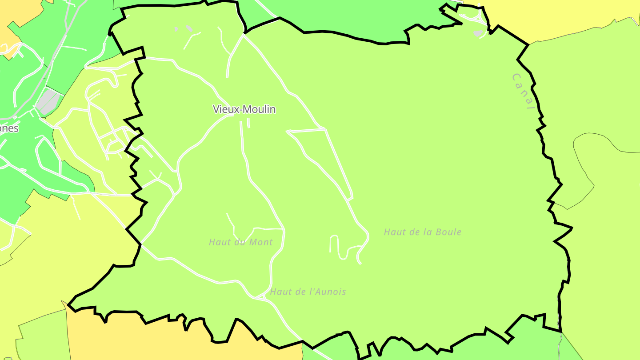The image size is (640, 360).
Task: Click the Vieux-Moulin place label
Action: click(x=244, y=109)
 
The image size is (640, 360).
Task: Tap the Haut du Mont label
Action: click(x=240, y=242)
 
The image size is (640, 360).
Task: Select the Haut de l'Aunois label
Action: click(x=308, y=292)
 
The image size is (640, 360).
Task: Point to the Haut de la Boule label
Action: click(x=422, y=232)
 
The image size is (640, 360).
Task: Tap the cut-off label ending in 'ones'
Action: click(x=9, y=128)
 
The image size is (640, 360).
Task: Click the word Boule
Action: click(x=449, y=232)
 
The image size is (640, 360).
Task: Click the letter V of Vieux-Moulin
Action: click(x=216, y=109)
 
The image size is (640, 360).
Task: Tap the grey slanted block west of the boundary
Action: click(x=48, y=101)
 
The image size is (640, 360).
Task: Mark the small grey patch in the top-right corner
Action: click(x=478, y=33)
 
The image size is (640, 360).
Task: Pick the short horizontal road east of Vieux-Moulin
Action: click(x=307, y=130)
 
